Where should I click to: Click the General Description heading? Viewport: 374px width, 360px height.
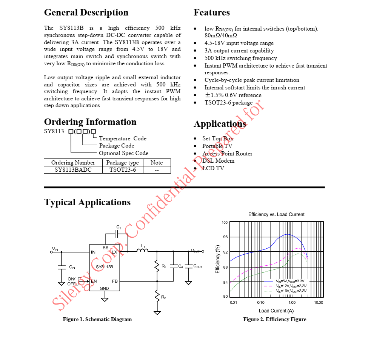(86, 12)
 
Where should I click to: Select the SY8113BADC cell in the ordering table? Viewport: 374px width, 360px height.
(73, 170)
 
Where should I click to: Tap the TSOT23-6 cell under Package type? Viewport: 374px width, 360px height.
(123, 170)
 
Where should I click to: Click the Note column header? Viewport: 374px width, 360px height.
(157, 163)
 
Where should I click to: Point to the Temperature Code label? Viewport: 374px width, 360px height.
(123, 138)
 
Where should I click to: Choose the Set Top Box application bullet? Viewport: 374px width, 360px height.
(218, 138)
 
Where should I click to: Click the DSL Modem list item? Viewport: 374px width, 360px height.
(218, 161)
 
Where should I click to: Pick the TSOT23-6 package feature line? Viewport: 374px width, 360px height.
(228, 103)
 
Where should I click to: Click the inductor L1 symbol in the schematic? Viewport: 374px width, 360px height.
(142, 250)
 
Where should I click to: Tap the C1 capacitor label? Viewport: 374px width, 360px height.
(119, 227)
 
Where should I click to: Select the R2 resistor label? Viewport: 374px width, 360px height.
(163, 297)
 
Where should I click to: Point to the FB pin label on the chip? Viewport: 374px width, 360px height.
(115, 281)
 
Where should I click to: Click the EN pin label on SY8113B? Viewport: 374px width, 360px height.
(94, 281)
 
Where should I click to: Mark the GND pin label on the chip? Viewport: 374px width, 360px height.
(104, 288)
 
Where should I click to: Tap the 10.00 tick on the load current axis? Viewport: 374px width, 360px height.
(319, 303)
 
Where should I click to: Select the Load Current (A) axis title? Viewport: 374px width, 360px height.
(276, 311)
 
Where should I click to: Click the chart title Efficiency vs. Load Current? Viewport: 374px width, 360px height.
(276, 214)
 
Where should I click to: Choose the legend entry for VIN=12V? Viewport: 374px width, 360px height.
(291, 286)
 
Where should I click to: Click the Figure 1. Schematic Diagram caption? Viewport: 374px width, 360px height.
(97, 319)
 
